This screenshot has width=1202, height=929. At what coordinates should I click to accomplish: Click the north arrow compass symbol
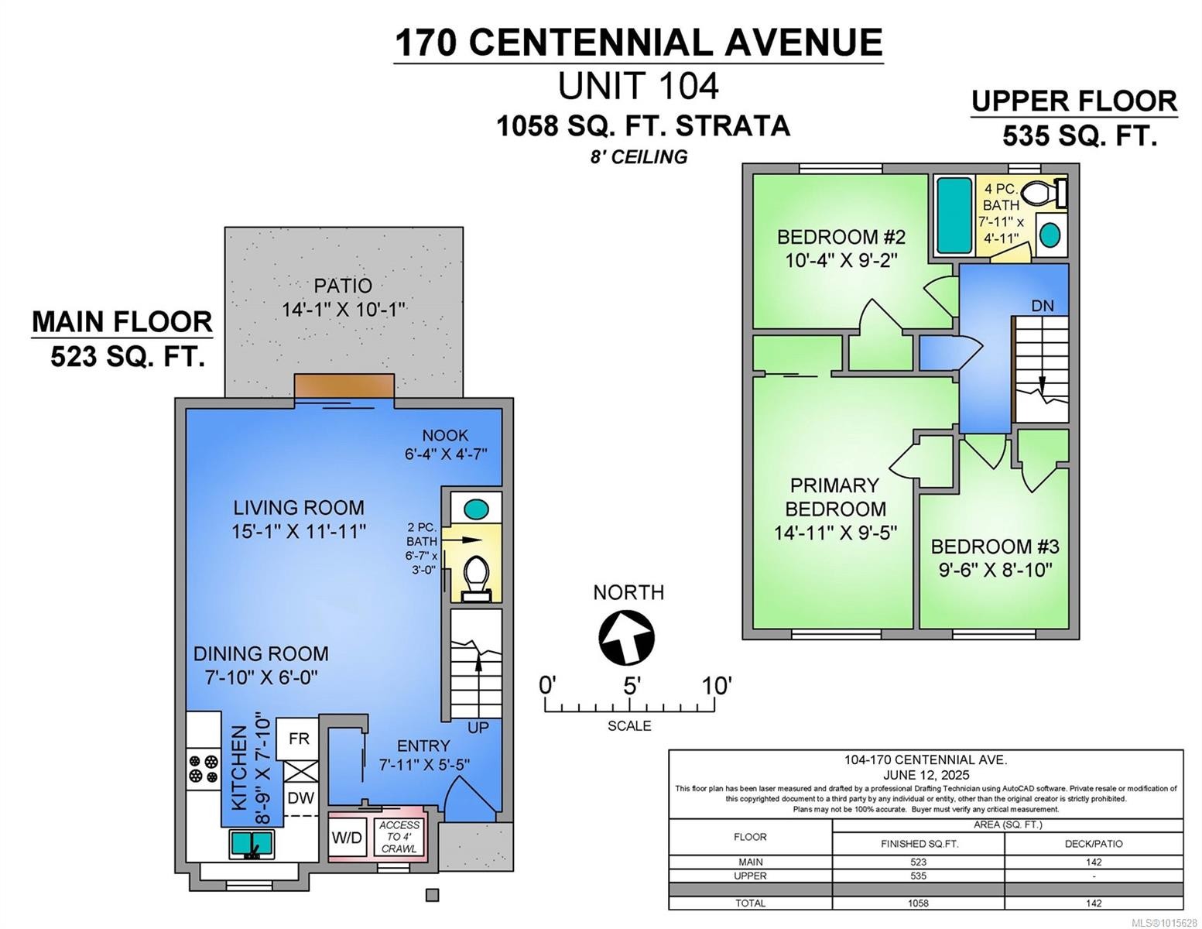(626, 637)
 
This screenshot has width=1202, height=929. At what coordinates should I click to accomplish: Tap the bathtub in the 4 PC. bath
(954, 215)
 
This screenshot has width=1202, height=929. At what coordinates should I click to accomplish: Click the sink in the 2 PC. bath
(475, 509)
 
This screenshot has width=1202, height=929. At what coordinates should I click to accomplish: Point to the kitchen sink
(252, 843)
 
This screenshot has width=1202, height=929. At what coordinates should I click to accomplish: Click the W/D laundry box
(347, 837)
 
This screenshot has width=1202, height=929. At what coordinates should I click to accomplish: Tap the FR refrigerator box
(299, 739)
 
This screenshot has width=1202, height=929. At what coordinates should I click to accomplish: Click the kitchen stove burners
(203, 767)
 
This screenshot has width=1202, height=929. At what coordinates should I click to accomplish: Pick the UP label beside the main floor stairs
(478, 728)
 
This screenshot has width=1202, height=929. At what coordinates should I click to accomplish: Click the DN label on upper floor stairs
(1042, 306)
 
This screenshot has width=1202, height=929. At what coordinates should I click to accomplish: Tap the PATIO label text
(343, 286)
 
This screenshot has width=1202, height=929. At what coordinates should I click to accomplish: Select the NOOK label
(445, 435)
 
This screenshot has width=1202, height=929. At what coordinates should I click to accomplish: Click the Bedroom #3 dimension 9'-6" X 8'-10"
(995, 571)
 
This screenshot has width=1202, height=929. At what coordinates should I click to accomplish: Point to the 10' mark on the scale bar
(714, 686)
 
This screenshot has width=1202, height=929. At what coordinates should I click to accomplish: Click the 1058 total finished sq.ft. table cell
(918, 903)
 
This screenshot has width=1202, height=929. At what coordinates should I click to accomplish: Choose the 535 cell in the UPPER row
(918, 876)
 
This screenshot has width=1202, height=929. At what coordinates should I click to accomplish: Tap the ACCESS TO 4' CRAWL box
(399, 837)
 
